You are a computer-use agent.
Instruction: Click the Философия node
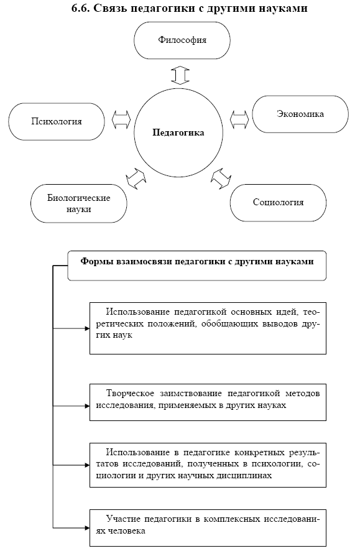click(x=182, y=40)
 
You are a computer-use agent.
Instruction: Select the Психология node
click(x=57, y=122)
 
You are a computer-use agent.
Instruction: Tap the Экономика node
click(x=300, y=114)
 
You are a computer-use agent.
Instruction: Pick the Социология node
click(x=278, y=203)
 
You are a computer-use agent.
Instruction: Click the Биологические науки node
click(x=79, y=203)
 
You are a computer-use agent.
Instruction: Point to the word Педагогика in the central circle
click(x=178, y=132)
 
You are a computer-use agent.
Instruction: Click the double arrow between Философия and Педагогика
click(x=180, y=75)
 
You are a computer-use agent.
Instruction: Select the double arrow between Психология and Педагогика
click(x=121, y=120)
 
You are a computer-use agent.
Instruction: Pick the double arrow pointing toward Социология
click(x=221, y=178)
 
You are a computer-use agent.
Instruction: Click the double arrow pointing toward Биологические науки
click(x=136, y=178)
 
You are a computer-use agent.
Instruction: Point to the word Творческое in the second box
click(x=129, y=394)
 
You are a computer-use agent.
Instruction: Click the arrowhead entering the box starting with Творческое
click(x=88, y=406)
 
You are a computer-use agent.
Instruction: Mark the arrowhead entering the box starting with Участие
click(x=88, y=528)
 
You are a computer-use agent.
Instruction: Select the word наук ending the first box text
click(x=122, y=335)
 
